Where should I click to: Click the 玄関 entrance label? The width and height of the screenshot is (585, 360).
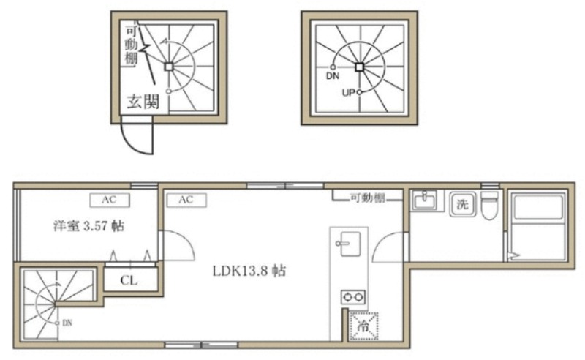(143, 102)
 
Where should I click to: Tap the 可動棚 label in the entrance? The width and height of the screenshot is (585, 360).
(131, 45)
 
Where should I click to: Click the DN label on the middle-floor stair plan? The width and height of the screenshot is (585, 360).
(333, 76)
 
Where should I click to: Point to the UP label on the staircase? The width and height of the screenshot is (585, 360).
(348, 92)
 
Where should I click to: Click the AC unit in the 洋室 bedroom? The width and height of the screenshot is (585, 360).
(110, 200)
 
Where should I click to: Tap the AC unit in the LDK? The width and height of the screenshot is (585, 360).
(186, 200)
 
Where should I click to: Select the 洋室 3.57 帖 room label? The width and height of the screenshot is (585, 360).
(88, 226)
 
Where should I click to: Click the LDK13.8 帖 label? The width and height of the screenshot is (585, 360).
(249, 271)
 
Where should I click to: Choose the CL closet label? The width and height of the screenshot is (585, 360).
(129, 280)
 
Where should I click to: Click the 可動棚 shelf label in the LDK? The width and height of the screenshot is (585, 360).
(367, 197)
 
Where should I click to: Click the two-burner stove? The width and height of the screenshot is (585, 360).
(353, 297)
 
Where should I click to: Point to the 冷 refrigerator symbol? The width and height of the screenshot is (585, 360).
(363, 326)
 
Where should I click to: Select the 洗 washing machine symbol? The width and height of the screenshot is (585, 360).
(462, 204)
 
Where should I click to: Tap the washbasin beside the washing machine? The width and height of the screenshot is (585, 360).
(425, 201)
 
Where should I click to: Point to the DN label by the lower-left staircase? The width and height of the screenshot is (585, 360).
(67, 323)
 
